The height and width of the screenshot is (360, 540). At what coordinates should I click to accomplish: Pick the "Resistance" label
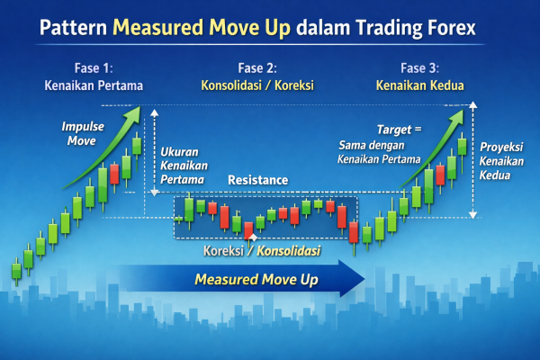tap(258, 180)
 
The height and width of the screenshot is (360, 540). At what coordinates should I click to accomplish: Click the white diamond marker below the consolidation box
tap(238, 235)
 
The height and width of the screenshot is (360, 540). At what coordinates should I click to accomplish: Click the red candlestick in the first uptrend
tap(114, 173)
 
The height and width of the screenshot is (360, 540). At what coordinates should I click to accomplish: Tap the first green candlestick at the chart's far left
tap(16, 269)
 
